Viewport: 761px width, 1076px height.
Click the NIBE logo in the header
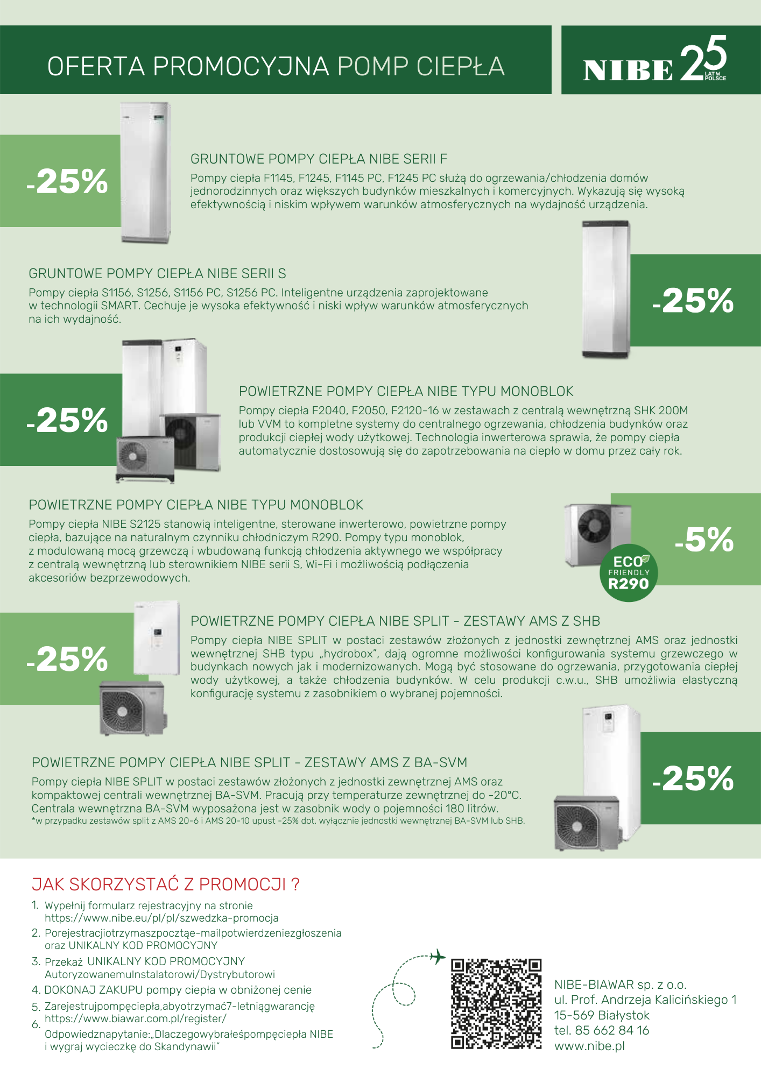click(628, 70)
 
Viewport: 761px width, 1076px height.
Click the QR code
click(496, 1003)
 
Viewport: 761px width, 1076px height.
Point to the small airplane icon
click(438, 957)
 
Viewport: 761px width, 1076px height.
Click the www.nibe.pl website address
click(589, 1046)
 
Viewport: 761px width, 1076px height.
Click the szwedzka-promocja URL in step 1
click(161, 918)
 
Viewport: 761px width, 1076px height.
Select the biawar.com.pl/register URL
click(136, 1018)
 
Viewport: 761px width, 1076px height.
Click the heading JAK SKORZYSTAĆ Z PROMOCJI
click(166, 884)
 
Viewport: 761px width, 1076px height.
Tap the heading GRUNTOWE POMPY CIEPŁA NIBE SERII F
click(319, 159)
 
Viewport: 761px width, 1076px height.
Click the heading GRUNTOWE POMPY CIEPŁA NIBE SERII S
click(157, 273)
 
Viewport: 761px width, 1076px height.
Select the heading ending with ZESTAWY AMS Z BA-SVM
click(249, 762)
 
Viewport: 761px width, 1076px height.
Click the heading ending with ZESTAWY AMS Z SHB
click(395, 621)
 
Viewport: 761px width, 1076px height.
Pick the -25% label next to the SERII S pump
click(693, 300)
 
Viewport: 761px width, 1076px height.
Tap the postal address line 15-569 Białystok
click(602, 1015)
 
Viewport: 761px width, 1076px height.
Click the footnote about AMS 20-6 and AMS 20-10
click(278, 821)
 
